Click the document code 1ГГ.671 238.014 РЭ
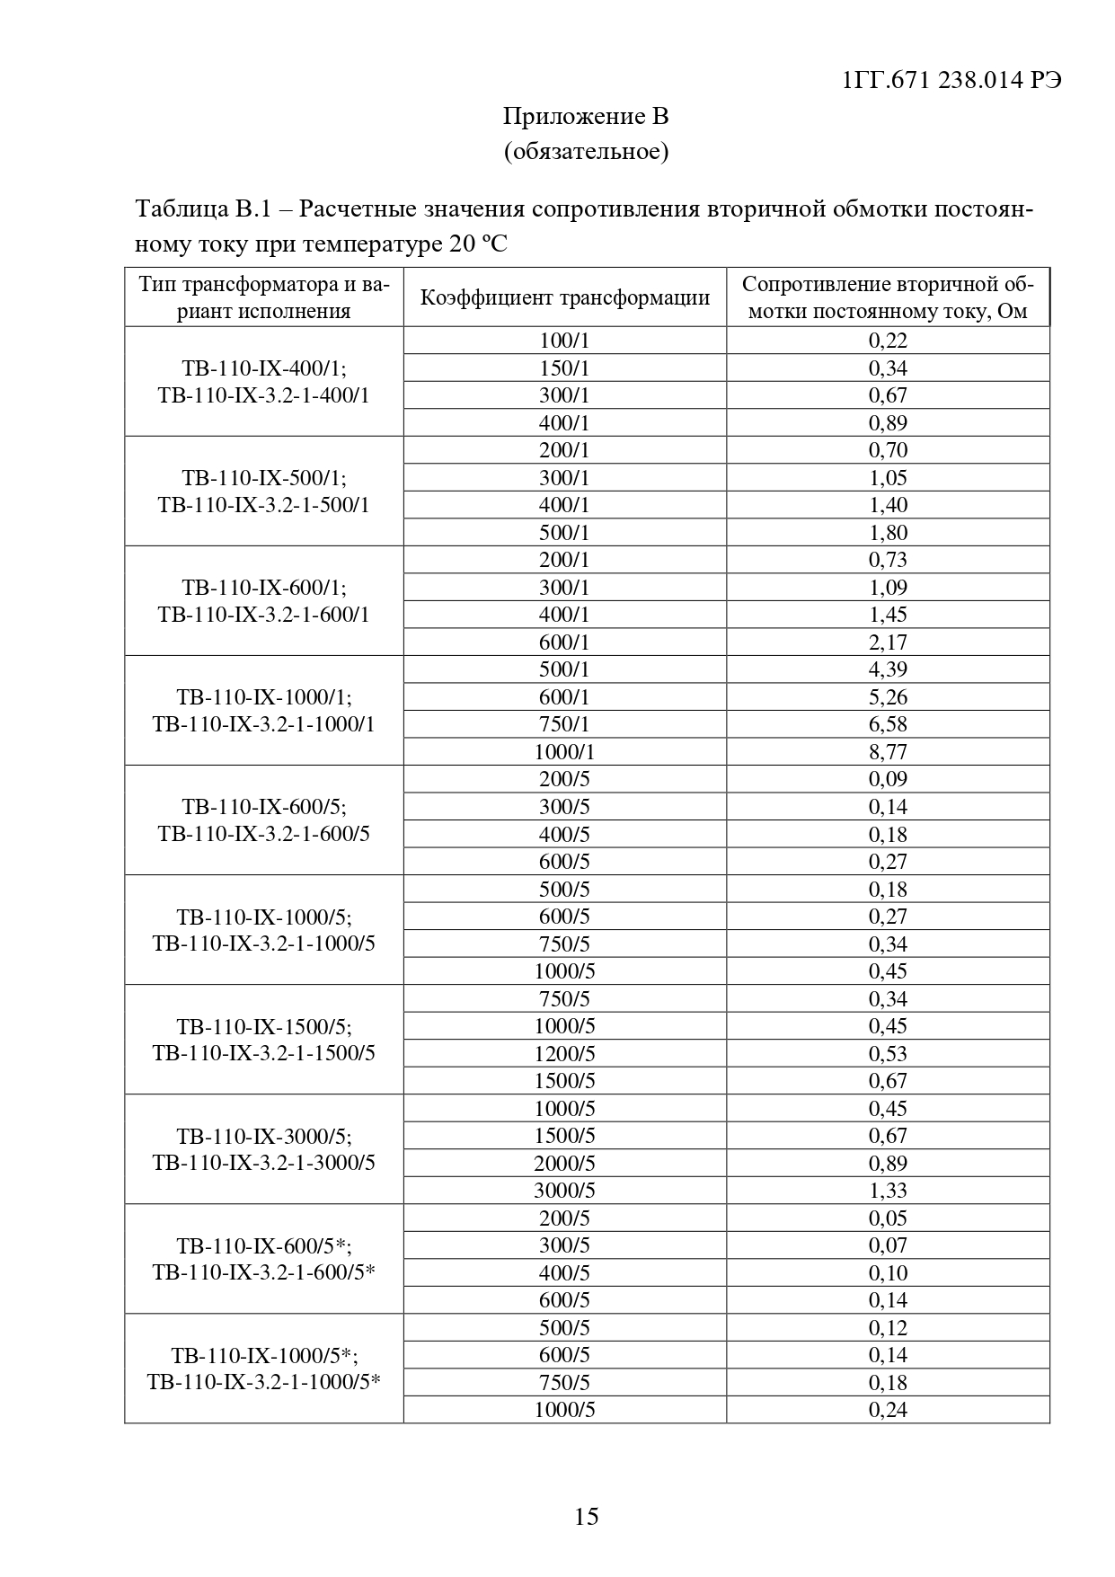click(x=952, y=80)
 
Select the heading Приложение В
click(x=586, y=117)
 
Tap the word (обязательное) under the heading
click(x=586, y=151)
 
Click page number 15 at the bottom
click(x=586, y=1516)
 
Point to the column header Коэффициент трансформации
click(x=565, y=297)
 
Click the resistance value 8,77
click(x=888, y=751)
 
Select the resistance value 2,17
click(x=888, y=642)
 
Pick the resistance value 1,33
click(x=888, y=1190)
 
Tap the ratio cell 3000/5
click(x=564, y=1190)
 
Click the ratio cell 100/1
click(x=564, y=341)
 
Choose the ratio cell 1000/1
click(x=564, y=751)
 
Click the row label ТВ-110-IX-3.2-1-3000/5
click(x=264, y=1163)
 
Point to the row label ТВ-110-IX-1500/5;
click(x=264, y=1026)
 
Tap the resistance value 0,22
click(x=888, y=341)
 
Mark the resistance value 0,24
click(x=888, y=1409)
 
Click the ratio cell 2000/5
click(x=564, y=1163)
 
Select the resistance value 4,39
click(x=888, y=669)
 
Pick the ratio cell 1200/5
click(x=564, y=1053)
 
